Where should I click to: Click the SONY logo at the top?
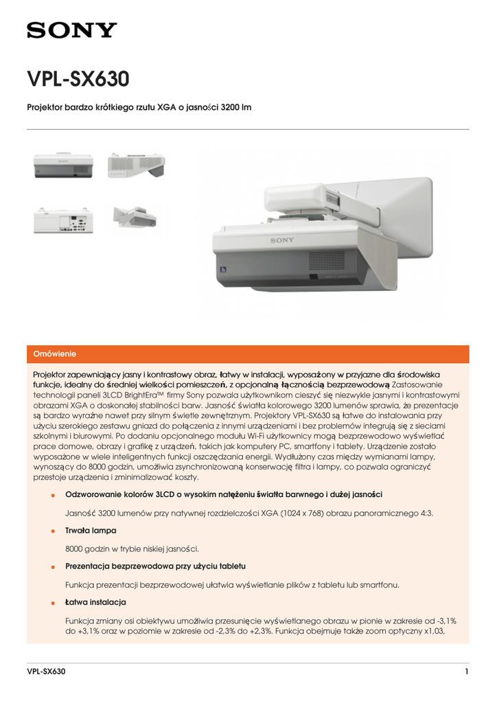pyautogui.click(x=71, y=30)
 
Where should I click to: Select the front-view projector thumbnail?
pyautogui.click(x=62, y=165)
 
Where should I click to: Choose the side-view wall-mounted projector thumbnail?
pyautogui.click(x=136, y=217)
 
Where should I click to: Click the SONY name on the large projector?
pyautogui.click(x=281, y=240)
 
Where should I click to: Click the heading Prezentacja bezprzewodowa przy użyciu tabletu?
pyautogui.click(x=155, y=566)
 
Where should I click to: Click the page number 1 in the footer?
pyautogui.click(x=466, y=672)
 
